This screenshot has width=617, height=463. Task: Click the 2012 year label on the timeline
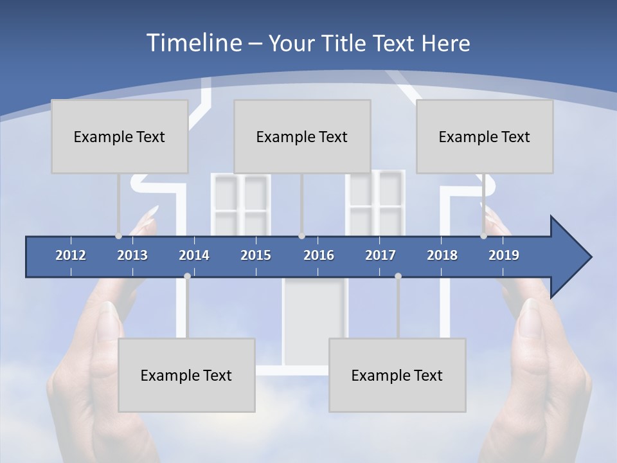[71, 255]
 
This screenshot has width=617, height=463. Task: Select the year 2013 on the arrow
[132, 255]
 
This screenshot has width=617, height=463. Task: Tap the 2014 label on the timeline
[194, 255]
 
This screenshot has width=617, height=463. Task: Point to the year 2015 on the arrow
[256, 255]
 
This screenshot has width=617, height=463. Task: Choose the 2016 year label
[319, 255]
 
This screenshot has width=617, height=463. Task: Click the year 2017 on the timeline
[380, 255]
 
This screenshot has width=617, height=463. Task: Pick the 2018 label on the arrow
[442, 255]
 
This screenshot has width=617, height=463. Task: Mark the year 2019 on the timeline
[504, 255]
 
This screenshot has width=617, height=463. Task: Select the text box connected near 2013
[120, 136]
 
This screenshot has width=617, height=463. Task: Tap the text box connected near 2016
[302, 136]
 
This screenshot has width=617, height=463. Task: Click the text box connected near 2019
[485, 136]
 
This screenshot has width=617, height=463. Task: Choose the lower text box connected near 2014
[186, 375]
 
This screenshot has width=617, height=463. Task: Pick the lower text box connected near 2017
[397, 375]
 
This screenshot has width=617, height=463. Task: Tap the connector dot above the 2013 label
[118, 236]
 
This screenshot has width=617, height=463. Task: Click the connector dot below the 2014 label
[187, 276]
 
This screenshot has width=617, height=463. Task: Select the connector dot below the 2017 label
[398, 276]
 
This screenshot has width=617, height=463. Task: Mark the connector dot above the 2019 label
[483, 236]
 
